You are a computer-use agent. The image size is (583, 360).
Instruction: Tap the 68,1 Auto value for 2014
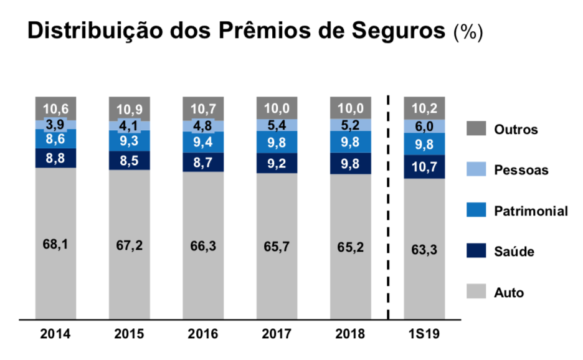55,244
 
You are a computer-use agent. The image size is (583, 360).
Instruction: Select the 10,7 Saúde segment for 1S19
424,166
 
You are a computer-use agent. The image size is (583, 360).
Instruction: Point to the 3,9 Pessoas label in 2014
55,124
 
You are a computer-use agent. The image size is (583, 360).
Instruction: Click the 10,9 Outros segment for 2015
129,109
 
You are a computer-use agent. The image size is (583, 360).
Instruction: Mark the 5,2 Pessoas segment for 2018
351,125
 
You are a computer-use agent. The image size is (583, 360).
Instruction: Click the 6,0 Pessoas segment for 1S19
424,126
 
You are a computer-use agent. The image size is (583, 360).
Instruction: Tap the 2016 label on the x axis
203,334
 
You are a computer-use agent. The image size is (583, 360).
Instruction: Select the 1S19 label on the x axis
424,334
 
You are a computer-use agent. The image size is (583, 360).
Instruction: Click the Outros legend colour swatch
476,129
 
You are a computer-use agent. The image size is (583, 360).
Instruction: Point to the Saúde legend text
514,252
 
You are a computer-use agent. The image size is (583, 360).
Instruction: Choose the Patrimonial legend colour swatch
476,211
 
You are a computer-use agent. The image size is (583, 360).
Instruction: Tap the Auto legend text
509,292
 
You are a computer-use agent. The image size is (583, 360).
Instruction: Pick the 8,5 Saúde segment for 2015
129,160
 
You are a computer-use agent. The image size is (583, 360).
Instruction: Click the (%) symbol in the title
468,32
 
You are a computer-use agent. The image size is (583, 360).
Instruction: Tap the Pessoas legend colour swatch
476,169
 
